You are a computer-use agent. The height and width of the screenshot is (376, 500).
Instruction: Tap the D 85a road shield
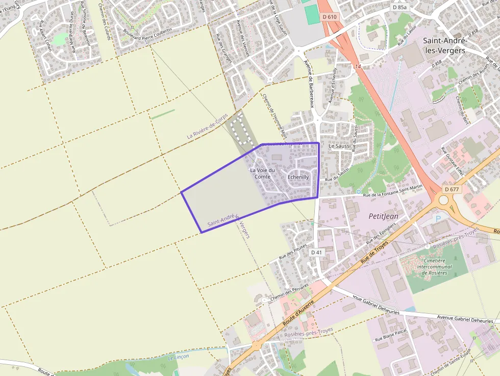[x=399, y=7]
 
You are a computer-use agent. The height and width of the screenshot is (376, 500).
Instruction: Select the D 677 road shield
[x=452, y=189]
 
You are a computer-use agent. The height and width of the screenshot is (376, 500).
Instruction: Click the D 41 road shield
[x=316, y=253]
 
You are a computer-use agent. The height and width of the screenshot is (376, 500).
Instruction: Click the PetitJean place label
[x=383, y=216]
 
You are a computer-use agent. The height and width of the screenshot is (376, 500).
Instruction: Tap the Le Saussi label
[x=339, y=146]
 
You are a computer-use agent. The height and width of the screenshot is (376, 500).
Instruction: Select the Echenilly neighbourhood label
[x=298, y=177]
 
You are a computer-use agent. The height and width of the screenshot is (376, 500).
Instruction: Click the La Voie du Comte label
[x=262, y=173]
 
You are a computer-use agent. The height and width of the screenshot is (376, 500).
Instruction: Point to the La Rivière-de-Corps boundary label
[x=208, y=129]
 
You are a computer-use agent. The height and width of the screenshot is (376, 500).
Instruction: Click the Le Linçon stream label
[x=179, y=357]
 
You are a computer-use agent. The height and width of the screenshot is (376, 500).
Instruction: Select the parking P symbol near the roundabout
[x=437, y=218]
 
